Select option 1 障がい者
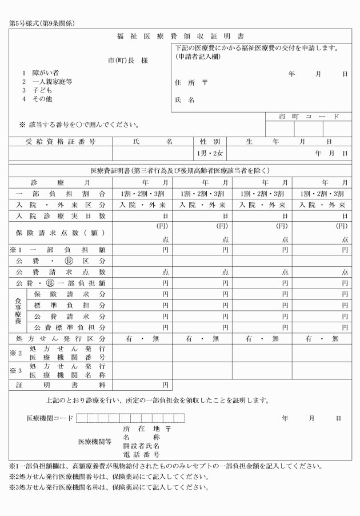(x=41, y=73)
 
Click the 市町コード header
(x=309, y=117)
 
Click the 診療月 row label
(x=61, y=182)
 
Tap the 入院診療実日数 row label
(x=61, y=215)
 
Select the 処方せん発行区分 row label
(x=61, y=339)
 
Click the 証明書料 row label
(x=61, y=385)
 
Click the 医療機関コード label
(x=50, y=418)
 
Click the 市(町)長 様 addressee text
(x=128, y=60)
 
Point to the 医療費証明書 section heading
(x=180, y=170)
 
